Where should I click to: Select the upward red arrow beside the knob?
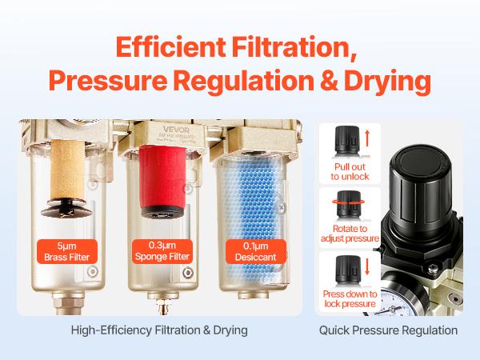click(366, 138)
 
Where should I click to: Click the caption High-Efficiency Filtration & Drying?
click(159, 330)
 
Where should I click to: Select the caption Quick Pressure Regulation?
click(388, 330)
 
